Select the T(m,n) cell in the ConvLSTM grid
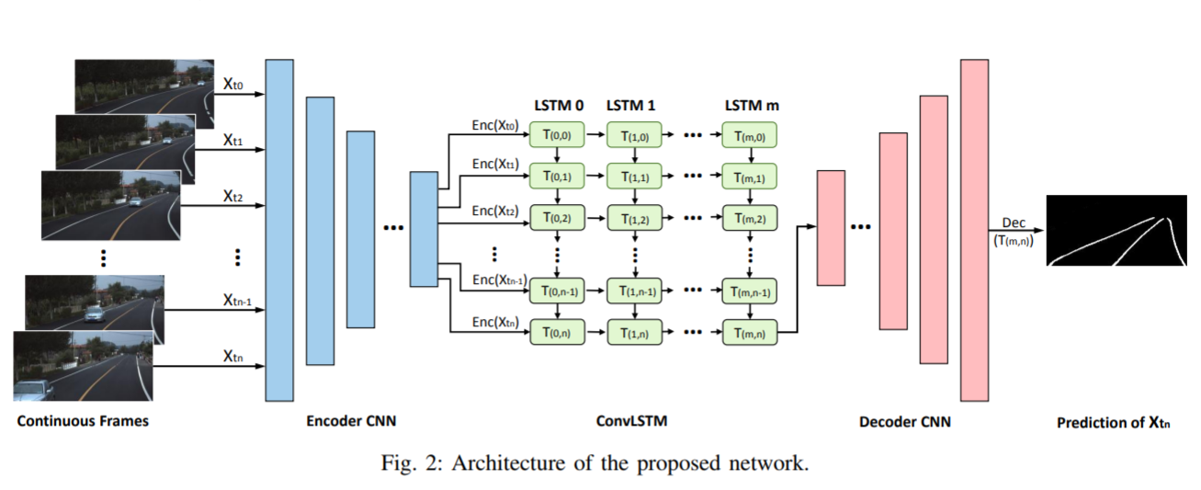coord(750,332)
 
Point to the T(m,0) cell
coord(750,135)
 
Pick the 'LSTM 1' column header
coord(630,105)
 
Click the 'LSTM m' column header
coord(751,105)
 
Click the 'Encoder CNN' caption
coord(352,422)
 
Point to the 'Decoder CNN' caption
coord(905,422)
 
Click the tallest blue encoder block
coord(279,230)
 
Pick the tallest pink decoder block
coord(974,230)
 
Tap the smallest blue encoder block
coord(424,229)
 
